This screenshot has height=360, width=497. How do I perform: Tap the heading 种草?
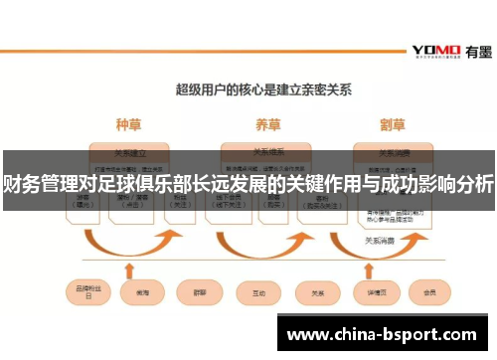(x=128, y=125)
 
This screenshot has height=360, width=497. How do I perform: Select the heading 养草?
(x=267, y=125)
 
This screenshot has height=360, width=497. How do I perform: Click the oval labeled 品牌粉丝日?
(x=84, y=292)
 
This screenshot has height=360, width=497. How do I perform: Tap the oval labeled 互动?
(x=257, y=292)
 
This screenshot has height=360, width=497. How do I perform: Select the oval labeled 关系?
(x=317, y=292)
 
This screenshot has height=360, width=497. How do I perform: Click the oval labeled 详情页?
(x=376, y=292)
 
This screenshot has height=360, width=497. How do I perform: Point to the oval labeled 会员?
(x=429, y=292)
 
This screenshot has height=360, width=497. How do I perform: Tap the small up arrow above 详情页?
(x=376, y=270)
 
